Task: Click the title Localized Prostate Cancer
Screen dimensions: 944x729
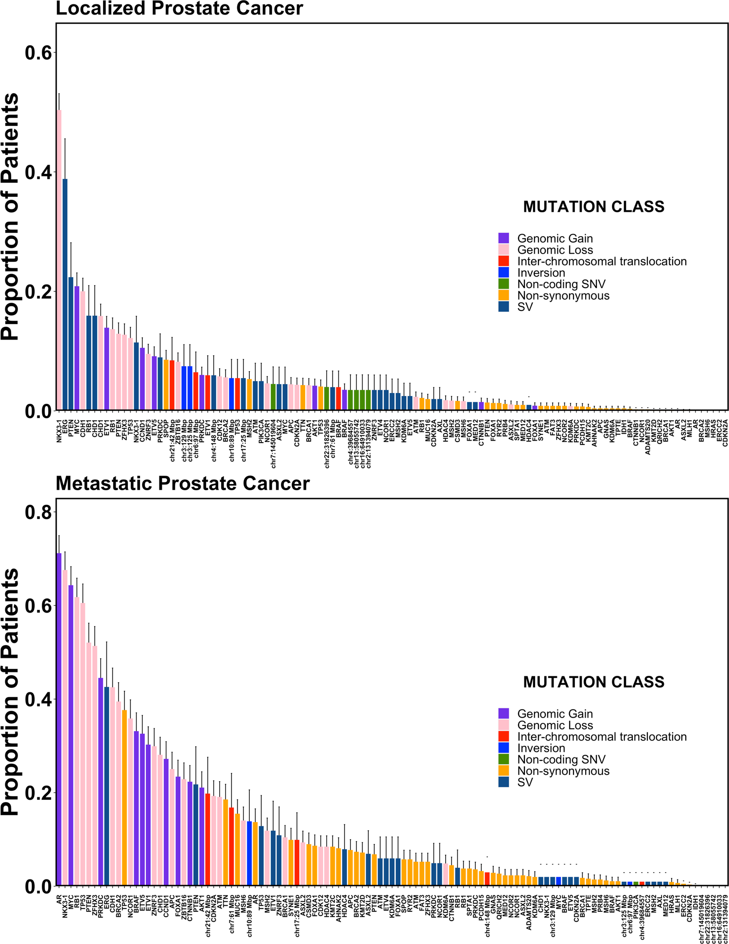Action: tap(179, 9)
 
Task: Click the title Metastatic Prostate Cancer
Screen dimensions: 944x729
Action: tap(183, 484)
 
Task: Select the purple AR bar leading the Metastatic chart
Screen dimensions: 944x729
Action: tap(59, 719)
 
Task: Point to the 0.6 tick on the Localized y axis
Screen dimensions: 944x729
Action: tap(38, 52)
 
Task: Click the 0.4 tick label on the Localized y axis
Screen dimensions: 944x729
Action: tap(38, 172)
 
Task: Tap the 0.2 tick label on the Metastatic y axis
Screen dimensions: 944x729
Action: tap(38, 793)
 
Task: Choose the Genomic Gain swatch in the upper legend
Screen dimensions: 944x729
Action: tap(503, 239)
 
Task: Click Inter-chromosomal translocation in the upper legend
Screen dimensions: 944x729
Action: tap(602, 261)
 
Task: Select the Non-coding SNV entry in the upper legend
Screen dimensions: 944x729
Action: tap(561, 284)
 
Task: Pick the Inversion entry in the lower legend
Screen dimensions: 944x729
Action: tap(541, 748)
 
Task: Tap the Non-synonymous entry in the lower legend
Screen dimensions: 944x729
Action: tap(563, 771)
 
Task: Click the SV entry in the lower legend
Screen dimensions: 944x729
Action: tap(525, 782)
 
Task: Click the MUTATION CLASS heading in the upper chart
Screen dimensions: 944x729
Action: tap(593, 207)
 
